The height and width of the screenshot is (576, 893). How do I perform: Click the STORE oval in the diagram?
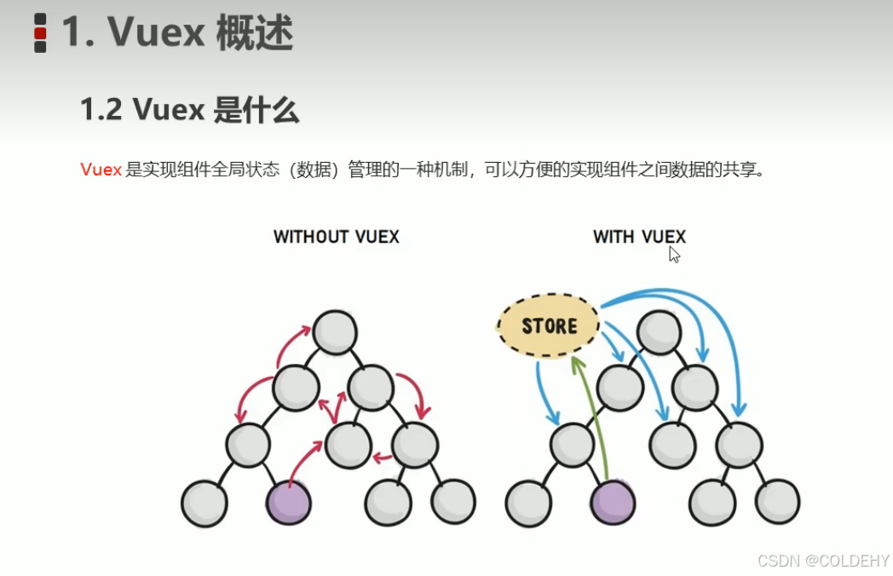coord(549,325)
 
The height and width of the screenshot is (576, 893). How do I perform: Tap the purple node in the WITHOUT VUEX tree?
coord(289,503)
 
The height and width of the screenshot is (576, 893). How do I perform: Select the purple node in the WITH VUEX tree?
coord(613,503)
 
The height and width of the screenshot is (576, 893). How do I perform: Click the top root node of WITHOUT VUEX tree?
coord(334,332)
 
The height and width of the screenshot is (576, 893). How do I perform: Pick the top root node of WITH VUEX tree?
coord(658,332)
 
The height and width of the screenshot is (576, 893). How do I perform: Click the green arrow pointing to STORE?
coord(593,418)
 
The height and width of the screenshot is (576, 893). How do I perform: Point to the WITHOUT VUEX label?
coord(336,237)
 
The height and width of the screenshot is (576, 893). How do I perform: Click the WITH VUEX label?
coord(639,237)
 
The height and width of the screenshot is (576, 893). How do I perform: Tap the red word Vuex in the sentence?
coord(101,170)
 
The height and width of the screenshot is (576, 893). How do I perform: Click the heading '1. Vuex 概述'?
coord(177,34)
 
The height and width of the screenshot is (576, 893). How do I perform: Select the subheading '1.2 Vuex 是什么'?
coord(189,110)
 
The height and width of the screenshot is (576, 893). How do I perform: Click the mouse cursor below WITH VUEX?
coord(674,255)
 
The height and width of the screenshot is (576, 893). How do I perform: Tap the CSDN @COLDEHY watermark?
coord(823,561)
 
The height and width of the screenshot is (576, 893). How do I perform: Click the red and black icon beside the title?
coord(40,33)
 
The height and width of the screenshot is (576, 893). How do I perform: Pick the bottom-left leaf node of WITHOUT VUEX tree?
coord(205,503)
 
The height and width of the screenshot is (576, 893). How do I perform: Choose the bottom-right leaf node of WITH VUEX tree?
coord(777,501)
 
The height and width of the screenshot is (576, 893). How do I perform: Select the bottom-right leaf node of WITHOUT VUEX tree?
coord(453,501)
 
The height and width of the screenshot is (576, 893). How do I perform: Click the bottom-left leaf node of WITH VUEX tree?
coord(528,503)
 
